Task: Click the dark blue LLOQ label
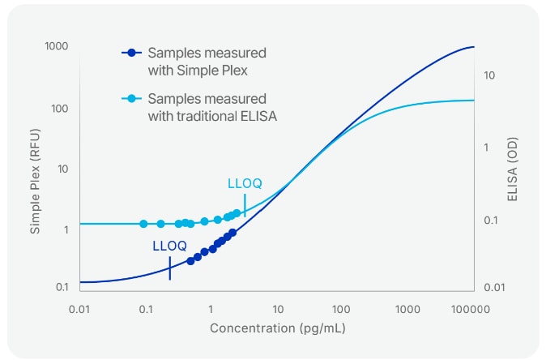tap(170, 246)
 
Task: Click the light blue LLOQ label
tap(245, 184)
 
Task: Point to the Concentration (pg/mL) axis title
tap(275, 328)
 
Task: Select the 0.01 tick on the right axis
tap(493, 288)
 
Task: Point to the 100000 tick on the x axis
tap(471, 309)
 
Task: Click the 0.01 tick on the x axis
tap(79, 309)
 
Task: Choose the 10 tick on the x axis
tap(277, 309)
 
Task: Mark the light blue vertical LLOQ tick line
tap(245, 206)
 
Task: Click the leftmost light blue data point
tap(143, 224)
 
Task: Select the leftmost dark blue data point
tap(190, 261)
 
